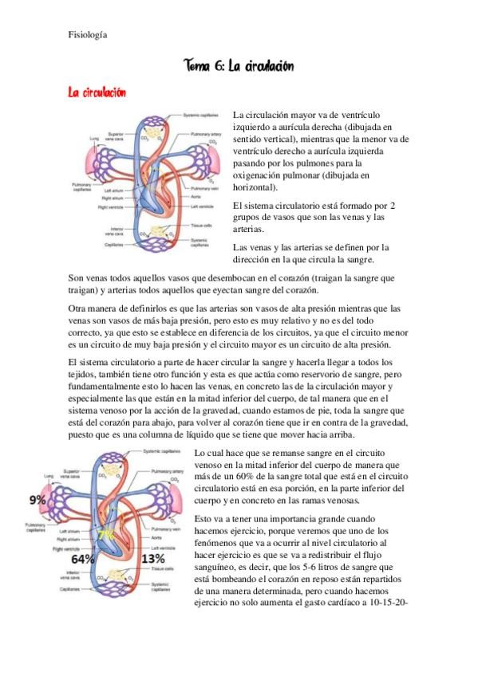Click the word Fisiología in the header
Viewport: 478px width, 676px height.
(x=87, y=34)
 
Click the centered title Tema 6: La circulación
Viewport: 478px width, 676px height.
(x=238, y=66)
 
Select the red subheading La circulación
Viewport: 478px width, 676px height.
(x=97, y=93)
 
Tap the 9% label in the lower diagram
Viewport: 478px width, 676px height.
(x=37, y=501)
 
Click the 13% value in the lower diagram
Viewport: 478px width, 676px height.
(x=152, y=559)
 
